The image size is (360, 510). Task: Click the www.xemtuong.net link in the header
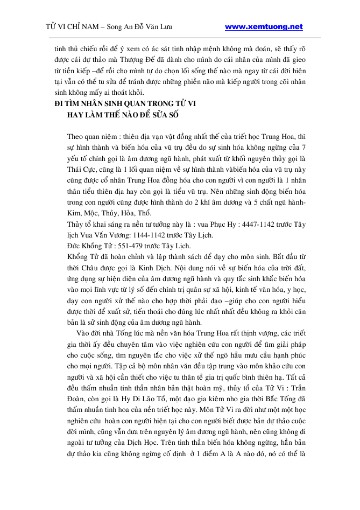[264, 26]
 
